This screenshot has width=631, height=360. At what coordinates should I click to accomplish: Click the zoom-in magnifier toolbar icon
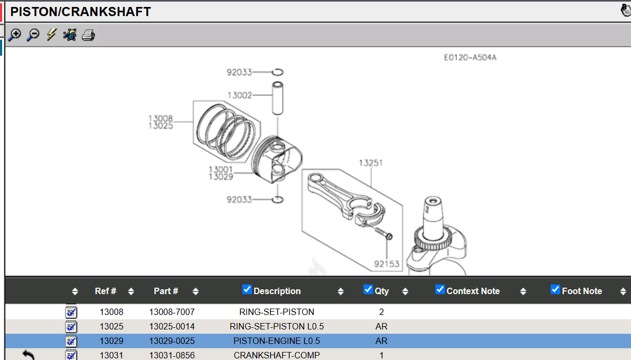[x=14, y=35]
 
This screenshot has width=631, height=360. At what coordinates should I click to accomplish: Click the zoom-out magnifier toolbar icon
[x=33, y=35]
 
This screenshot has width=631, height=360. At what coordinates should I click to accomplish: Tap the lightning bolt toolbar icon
[x=51, y=35]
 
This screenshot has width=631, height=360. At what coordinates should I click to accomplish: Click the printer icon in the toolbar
[x=88, y=35]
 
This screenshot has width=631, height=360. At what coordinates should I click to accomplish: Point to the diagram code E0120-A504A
[x=470, y=57]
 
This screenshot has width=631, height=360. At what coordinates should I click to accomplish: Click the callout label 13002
[x=240, y=95]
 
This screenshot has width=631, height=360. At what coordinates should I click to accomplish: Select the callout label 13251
[x=371, y=163]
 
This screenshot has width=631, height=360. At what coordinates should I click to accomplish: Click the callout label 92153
[x=387, y=264]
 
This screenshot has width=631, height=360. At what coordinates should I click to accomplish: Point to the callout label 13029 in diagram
[x=221, y=177]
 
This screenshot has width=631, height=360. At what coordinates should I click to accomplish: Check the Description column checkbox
[x=247, y=290]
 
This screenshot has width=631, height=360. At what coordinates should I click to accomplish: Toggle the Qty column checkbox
[x=368, y=290]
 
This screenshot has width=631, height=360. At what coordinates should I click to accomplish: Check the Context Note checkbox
[x=440, y=290]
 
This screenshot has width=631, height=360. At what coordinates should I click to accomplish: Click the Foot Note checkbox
[x=555, y=290]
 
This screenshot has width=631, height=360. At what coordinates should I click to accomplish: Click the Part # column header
[x=166, y=291]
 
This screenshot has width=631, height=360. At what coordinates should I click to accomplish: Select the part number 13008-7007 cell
[x=172, y=312]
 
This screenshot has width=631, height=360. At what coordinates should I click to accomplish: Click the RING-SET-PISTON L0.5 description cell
[x=277, y=326]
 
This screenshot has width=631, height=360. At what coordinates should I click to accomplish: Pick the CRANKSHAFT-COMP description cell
[x=277, y=355]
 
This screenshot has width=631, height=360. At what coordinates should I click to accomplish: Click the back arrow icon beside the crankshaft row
[x=28, y=355]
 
